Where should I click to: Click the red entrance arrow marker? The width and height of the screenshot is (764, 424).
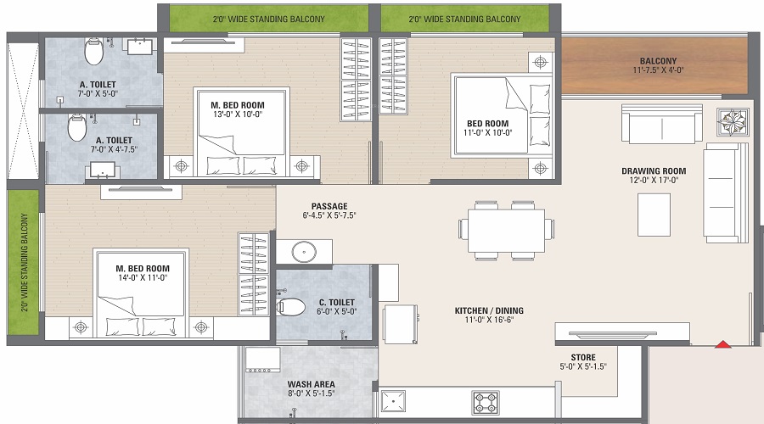pos(723,344)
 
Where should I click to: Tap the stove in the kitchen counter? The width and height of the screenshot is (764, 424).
pos(486,403)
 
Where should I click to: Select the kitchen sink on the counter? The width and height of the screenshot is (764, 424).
pos(393,402)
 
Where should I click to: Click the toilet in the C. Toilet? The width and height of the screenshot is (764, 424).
pos(290,307)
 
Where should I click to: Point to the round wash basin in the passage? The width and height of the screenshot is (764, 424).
pos(304,252)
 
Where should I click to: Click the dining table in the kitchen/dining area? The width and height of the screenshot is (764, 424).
pos(506,231)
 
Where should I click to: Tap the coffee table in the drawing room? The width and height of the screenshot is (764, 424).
pos(654,215)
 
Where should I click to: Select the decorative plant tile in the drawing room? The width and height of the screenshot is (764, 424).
pos(733,122)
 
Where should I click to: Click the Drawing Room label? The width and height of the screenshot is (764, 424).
pos(654,170)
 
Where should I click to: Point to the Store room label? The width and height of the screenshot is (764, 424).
pos(583,357)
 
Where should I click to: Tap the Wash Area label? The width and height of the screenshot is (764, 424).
pos(311,384)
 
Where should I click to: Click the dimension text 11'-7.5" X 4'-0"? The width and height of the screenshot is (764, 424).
pos(658,70)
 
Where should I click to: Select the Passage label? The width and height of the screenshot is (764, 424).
pos(329,206)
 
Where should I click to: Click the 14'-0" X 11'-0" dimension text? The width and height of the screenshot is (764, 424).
pos(143,277)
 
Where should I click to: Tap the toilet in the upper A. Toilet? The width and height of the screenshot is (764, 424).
pos(93,52)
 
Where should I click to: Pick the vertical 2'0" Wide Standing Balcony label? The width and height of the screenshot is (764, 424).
pos(25,262)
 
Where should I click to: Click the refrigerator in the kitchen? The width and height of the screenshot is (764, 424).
pos(401,324)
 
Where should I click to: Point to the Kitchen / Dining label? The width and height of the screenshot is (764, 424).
pos(489,310)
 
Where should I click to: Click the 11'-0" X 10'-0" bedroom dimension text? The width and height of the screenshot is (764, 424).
pos(488,132)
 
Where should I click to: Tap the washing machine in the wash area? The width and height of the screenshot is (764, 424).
pos(262,360)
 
